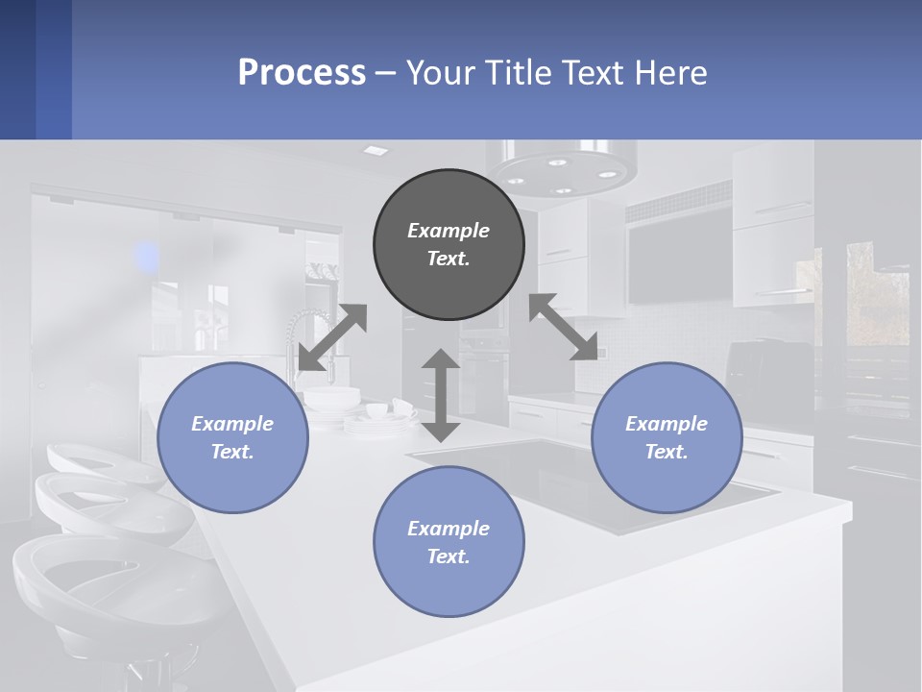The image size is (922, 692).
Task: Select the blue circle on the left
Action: coord(232,437)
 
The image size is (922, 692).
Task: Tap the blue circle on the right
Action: coord(667,437)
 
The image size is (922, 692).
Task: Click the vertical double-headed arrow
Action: coord(441,395)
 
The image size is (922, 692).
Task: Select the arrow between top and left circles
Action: coord(332,337)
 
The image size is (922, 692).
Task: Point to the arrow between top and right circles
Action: coord(564,327)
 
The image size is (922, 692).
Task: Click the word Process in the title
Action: coord(302,72)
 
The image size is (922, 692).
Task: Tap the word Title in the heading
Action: coord(518,72)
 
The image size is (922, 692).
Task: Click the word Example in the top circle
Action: coord(449,231)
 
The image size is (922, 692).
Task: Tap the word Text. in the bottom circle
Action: coord(449,556)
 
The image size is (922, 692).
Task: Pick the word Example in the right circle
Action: coord(667,424)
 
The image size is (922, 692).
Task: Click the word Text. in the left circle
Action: coord(232,452)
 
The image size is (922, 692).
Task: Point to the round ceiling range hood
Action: coord(562,169)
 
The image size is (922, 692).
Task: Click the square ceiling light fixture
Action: coord(376,151)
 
